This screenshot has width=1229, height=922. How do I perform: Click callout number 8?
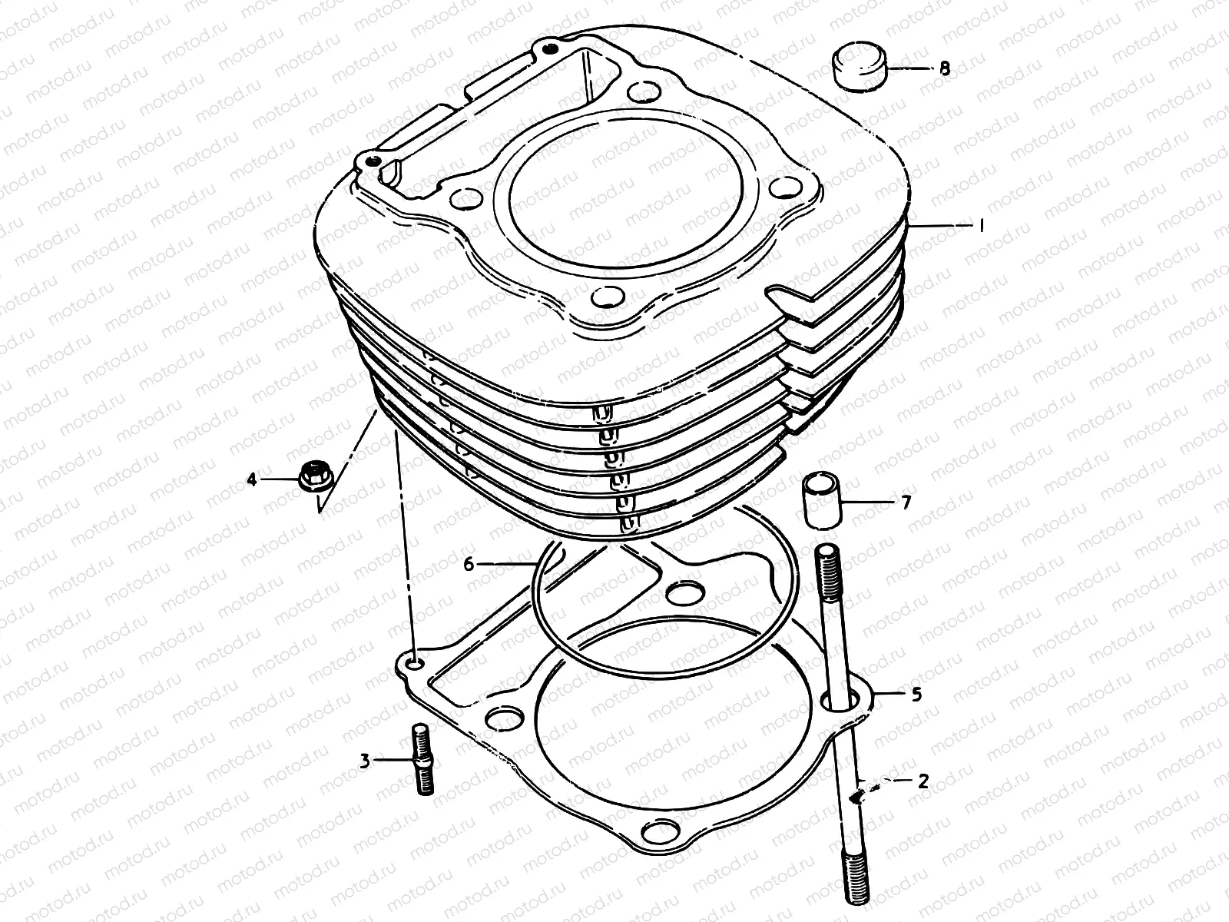click(x=944, y=68)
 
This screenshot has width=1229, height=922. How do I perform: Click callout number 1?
click(x=980, y=225)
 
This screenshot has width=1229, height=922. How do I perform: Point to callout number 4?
click(x=251, y=480)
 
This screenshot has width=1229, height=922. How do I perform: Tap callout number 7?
click(x=906, y=502)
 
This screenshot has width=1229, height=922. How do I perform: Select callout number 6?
click(x=468, y=565)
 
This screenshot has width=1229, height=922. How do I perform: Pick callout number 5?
click(x=916, y=695)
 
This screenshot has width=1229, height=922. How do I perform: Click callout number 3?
click(x=365, y=761)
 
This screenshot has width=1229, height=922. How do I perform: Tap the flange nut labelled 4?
click(x=313, y=478)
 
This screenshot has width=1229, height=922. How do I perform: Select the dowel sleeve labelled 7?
click(x=820, y=500)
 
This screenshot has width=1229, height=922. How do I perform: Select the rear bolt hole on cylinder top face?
click(x=644, y=92)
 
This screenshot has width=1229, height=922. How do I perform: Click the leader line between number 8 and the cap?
click(x=909, y=68)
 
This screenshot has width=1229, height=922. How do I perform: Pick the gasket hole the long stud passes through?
click(x=834, y=701)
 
